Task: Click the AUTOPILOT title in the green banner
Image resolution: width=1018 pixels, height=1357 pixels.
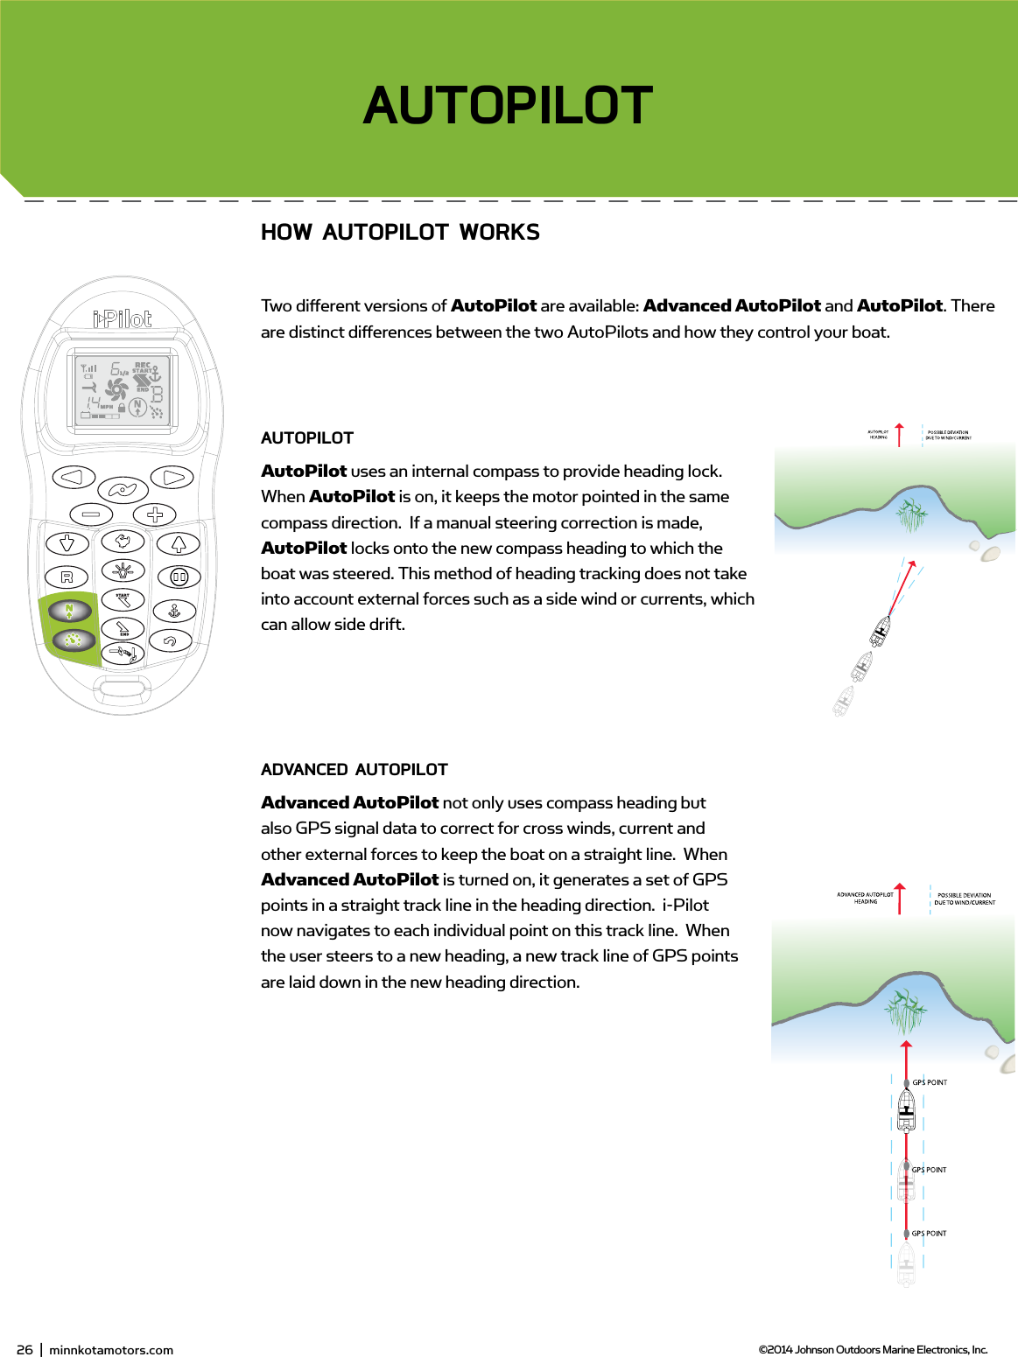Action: coord(508,106)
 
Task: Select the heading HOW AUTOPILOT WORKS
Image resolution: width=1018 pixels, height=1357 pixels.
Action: coord(400,233)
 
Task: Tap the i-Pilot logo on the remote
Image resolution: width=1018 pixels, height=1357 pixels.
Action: coord(123,319)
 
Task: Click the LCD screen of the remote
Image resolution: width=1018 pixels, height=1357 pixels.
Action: coord(123,391)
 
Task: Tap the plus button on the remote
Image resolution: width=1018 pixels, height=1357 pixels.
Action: coord(155,514)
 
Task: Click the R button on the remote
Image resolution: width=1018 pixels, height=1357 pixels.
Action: coord(67,577)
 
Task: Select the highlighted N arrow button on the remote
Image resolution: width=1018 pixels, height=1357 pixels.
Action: coord(70,611)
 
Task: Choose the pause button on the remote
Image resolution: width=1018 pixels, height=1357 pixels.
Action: coord(179,577)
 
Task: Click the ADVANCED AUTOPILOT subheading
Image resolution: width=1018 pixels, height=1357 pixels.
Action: coord(354,770)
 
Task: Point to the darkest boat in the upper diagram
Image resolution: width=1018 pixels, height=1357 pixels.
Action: coord(881,630)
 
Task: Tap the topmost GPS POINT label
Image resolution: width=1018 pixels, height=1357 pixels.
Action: coord(930,1082)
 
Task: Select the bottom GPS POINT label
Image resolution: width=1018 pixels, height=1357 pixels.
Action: coord(929,1234)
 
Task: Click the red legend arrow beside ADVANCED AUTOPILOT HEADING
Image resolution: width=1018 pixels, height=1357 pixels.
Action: coord(900,899)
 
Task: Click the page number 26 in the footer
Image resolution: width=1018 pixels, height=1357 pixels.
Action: coord(25,1350)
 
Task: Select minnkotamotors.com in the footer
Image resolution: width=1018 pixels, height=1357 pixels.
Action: coord(111,1350)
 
